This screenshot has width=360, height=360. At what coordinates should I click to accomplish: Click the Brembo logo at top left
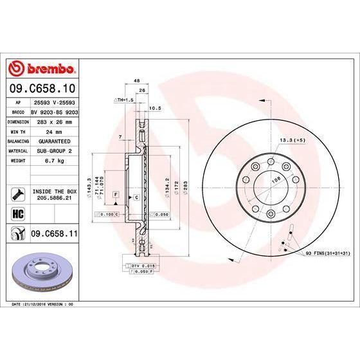click(x=42, y=67)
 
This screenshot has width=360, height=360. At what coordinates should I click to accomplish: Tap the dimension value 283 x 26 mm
click(x=54, y=121)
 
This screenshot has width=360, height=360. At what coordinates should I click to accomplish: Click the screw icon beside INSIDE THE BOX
click(x=17, y=194)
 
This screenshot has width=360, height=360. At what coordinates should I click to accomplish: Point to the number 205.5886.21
click(x=54, y=199)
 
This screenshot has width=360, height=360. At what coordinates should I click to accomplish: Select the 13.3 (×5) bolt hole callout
click(x=291, y=139)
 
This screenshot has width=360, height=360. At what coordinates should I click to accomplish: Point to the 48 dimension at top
click(x=136, y=81)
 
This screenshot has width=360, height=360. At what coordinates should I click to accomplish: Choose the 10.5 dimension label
click(x=154, y=108)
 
